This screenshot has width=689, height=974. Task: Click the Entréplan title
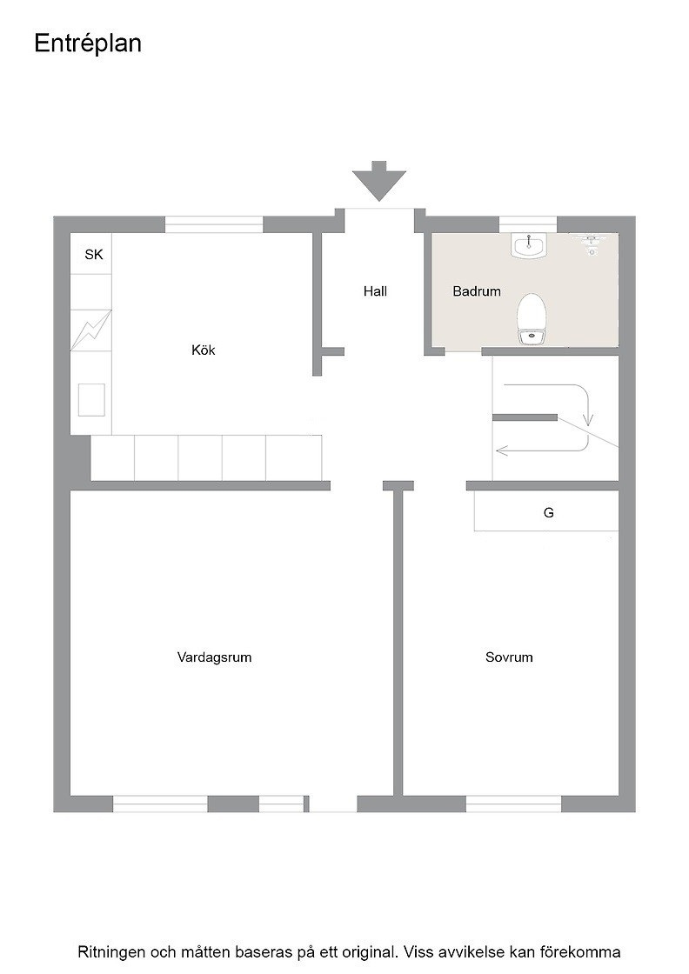(88, 44)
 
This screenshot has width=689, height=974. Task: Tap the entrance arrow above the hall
(379, 181)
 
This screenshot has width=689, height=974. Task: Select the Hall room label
(375, 290)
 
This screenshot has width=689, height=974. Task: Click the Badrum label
(477, 290)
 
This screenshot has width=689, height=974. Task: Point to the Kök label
(204, 350)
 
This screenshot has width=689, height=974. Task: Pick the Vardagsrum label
(214, 657)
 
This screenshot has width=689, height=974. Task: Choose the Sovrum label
(509, 657)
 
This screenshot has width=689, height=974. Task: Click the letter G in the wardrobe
(549, 512)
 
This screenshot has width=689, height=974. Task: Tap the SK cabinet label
(94, 254)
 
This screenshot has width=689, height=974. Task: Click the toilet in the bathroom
(532, 318)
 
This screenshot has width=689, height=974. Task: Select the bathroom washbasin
(529, 244)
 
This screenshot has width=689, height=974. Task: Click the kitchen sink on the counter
(91, 400)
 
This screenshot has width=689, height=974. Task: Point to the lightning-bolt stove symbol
(90, 330)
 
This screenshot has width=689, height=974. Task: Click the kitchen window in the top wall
(214, 224)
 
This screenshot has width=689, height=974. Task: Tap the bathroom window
(527, 223)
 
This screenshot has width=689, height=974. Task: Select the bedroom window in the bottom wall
(514, 804)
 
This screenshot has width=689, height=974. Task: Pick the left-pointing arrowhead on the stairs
(502, 450)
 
